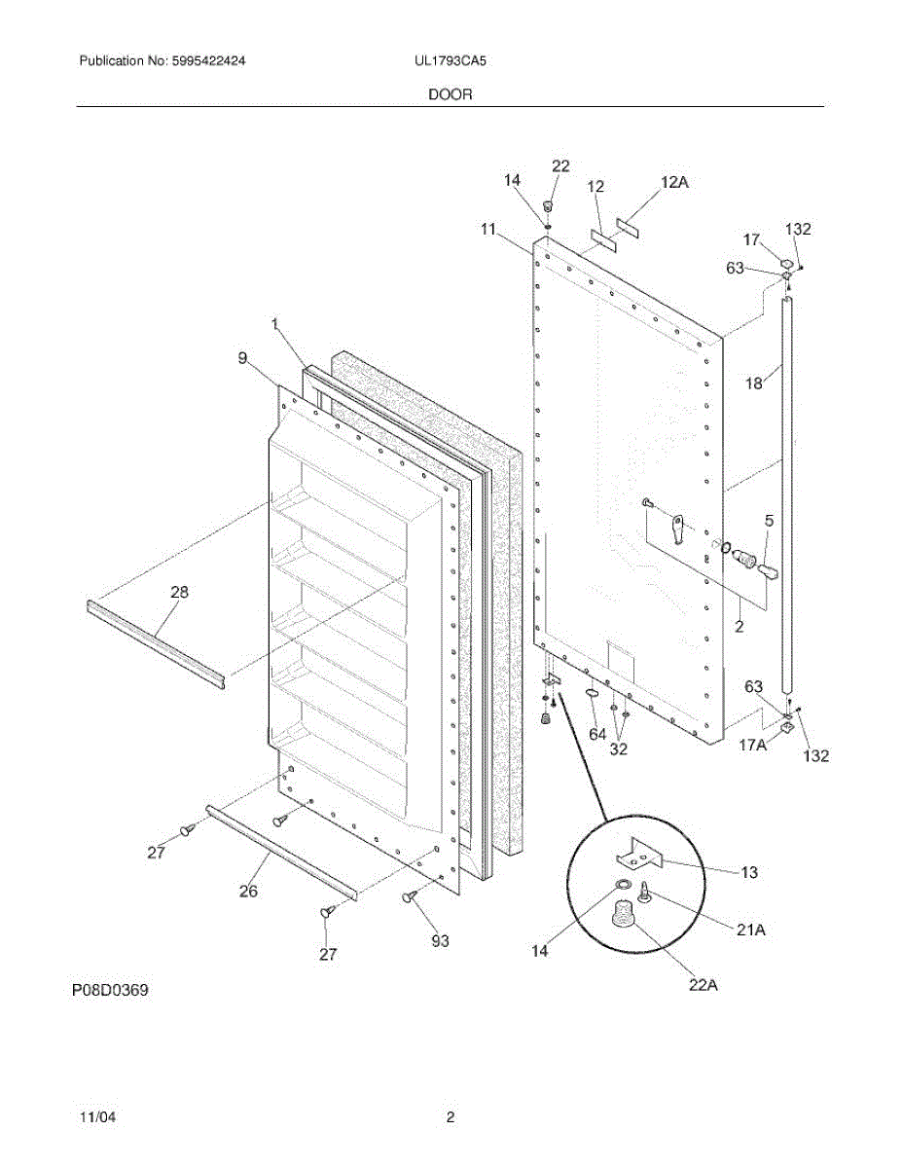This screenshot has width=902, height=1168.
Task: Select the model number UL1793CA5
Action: click(450, 60)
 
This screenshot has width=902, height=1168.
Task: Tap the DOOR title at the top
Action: click(451, 94)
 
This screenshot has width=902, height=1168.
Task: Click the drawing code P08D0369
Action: click(110, 991)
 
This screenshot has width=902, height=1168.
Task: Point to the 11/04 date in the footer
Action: click(98, 1118)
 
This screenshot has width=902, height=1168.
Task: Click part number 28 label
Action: click(180, 592)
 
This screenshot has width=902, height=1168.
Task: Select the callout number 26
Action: click(249, 890)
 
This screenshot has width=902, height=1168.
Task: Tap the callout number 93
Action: click(441, 941)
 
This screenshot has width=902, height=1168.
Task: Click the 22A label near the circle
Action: click(703, 985)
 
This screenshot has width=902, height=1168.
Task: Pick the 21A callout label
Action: click(750, 931)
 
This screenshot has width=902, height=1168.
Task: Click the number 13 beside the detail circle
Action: click(748, 873)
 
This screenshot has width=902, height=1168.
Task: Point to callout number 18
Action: click(754, 383)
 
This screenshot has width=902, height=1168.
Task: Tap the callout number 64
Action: click(596, 734)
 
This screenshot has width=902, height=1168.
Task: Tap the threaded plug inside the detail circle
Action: click(622, 915)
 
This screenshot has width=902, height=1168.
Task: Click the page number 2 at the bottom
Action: click(451, 1118)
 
